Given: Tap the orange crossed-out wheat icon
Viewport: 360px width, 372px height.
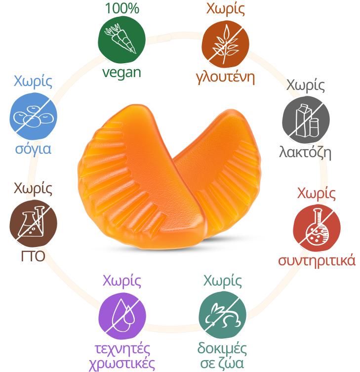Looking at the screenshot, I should [225, 43].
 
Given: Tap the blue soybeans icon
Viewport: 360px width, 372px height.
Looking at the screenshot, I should [34, 116].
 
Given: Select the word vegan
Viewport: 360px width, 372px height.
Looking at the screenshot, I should [122, 72].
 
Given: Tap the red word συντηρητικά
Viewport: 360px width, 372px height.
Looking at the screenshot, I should [317, 260].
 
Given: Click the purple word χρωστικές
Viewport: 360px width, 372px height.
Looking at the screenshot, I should [122, 364].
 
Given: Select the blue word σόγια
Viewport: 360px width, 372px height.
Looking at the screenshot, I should [33, 149].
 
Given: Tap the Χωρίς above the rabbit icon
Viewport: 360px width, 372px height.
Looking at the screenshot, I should [223, 282].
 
